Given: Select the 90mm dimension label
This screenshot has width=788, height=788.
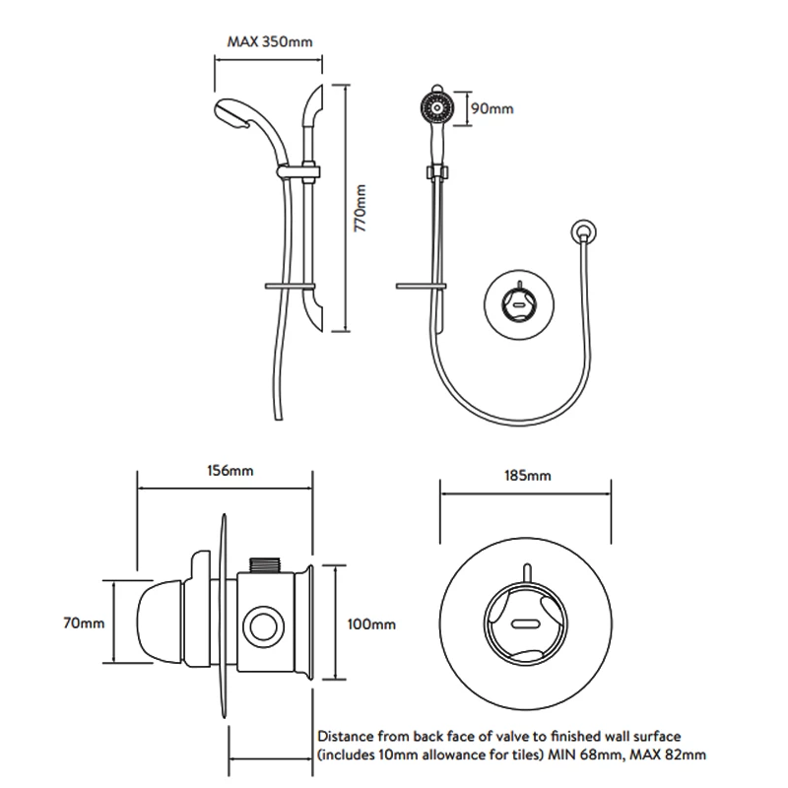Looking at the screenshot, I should [x=492, y=108].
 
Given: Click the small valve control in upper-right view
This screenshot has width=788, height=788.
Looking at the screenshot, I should [x=512, y=300].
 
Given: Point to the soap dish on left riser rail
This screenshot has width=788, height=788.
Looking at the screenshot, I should [x=285, y=285].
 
